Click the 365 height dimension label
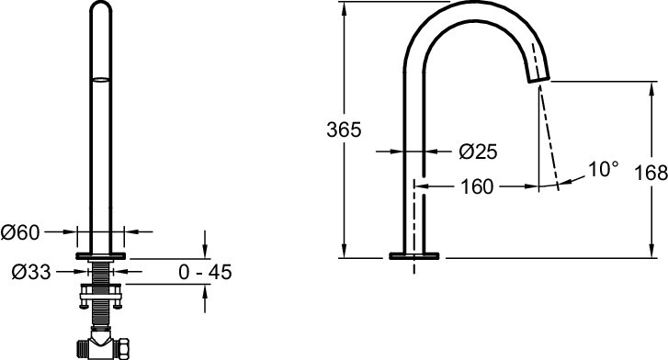[344, 129]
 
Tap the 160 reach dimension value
[475, 186]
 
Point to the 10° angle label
[603, 170]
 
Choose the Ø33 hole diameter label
[22, 271]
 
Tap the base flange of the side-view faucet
[415, 254]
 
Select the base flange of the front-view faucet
[101, 253]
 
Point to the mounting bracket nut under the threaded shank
[100, 293]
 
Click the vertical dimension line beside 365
[345, 184]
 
